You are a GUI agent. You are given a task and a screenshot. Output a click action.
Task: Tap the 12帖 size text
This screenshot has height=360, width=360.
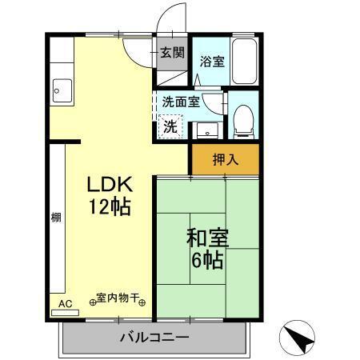click(x=110, y=206)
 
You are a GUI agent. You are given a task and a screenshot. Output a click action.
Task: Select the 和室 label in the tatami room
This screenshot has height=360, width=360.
click(x=208, y=238)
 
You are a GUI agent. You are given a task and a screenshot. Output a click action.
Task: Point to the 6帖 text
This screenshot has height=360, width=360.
click(x=208, y=260)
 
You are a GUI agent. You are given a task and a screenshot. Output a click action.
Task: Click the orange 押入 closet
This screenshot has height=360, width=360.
click(x=225, y=158)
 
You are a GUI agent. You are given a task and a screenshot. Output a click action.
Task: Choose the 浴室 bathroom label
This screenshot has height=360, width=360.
click(x=211, y=61)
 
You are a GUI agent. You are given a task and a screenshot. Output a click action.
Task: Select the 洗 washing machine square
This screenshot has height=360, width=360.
click(x=170, y=126)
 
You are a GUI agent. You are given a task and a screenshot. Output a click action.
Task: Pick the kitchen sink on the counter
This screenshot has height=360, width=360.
click(x=58, y=90)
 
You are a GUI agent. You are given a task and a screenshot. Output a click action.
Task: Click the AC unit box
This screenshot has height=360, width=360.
click(x=66, y=304)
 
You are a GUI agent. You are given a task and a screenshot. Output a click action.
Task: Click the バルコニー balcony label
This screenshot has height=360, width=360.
click(x=154, y=338)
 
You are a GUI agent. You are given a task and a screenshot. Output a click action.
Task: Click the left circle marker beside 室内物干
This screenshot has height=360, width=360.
click(x=92, y=302)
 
